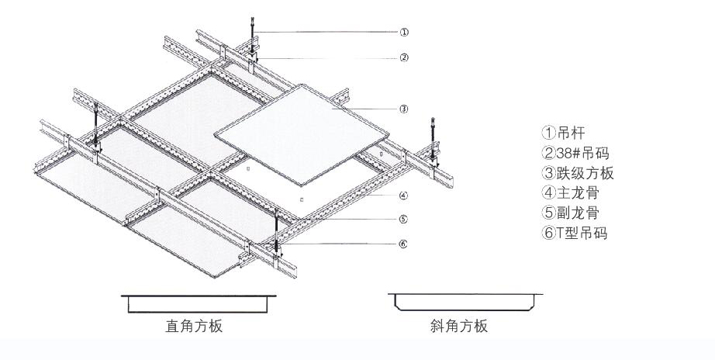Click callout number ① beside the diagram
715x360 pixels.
coord(404,33)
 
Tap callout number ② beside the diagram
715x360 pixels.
coord(404,57)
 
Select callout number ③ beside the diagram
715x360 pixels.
coord(404,109)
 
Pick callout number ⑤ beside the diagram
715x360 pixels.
coord(404,219)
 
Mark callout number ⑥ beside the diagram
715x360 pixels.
coord(404,244)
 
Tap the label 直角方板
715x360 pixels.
coord(194,326)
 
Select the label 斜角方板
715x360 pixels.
coord(459,326)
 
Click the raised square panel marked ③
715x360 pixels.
coord(302,132)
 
